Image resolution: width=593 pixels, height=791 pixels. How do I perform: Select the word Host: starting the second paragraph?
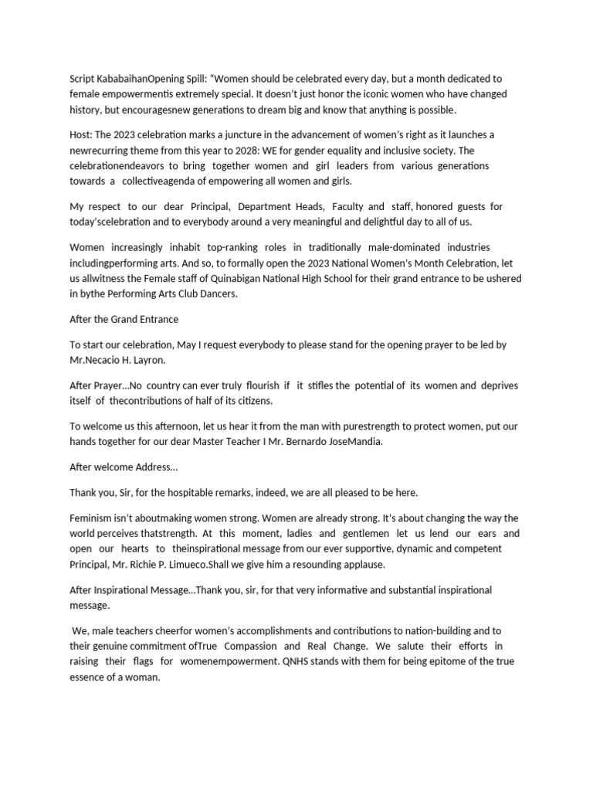click(83, 135)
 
